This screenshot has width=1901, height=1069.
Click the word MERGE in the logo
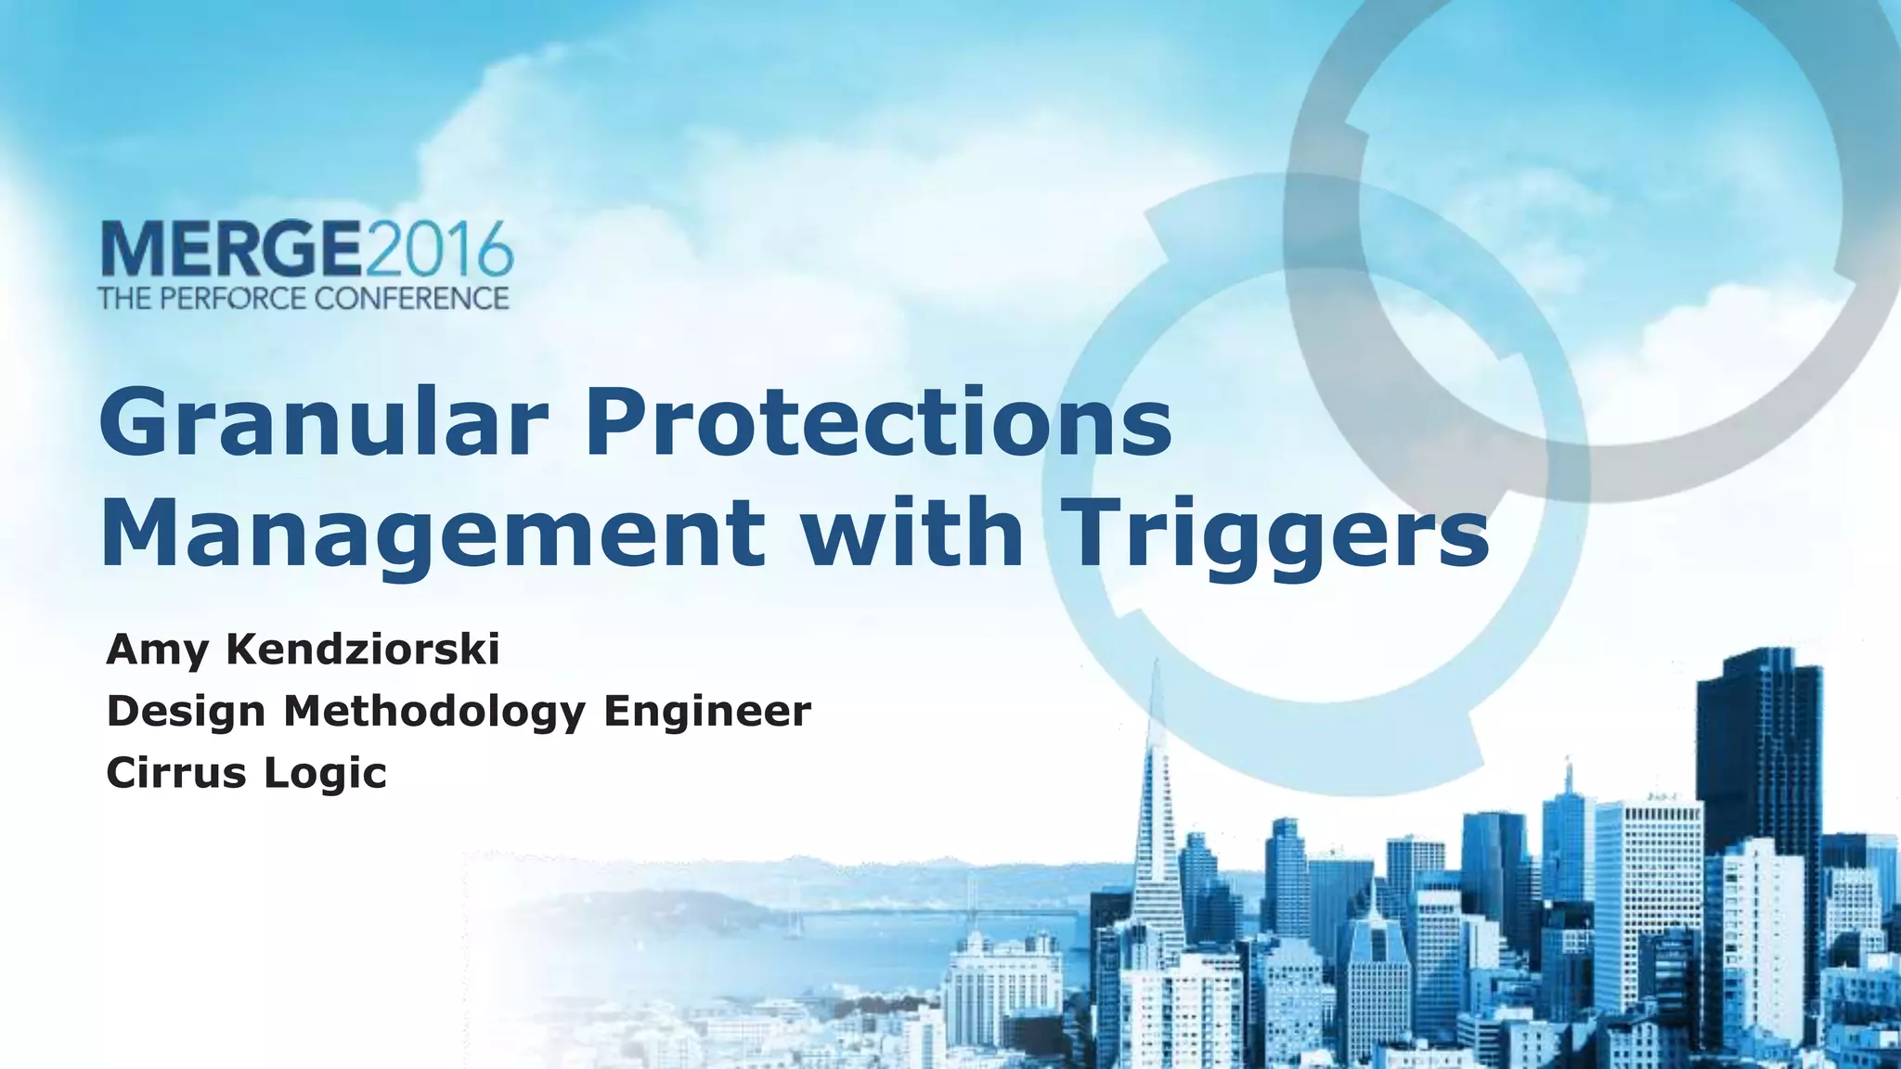tap(229, 249)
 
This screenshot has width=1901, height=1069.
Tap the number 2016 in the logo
tap(437, 249)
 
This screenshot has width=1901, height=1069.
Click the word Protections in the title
tap(878, 424)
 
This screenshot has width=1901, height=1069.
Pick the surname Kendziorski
tap(363, 649)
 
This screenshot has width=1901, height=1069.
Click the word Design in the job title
tap(186, 713)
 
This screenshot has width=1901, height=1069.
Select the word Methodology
tap(434, 713)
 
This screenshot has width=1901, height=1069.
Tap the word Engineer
tap(707, 713)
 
